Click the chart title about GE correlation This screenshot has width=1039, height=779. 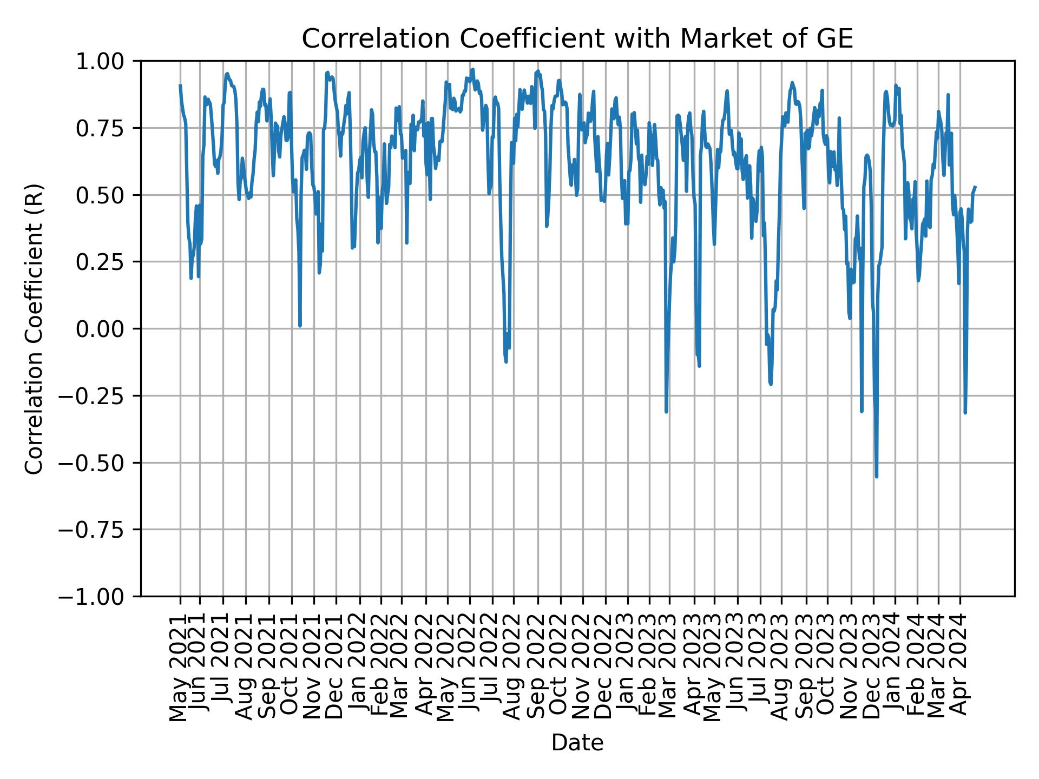[x=577, y=39]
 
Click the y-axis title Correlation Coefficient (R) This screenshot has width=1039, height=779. [x=34, y=328]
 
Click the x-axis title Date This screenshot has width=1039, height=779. [x=577, y=743]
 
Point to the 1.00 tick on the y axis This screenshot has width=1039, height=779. [x=107, y=61]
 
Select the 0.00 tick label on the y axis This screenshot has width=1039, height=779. [x=107, y=329]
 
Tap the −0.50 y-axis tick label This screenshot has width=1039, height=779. [x=98, y=463]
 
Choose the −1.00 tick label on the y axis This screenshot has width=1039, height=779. [x=98, y=597]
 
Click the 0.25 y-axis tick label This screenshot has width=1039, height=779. [x=107, y=262]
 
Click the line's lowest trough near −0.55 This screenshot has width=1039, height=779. [x=876, y=477]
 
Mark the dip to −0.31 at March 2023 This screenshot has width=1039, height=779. [x=666, y=412]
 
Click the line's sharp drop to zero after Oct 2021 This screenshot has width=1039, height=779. [x=300, y=326]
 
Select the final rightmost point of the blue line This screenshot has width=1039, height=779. [x=975, y=187]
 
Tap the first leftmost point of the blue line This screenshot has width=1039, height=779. [x=180, y=85]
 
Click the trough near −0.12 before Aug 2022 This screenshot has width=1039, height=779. [x=506, y=361]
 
